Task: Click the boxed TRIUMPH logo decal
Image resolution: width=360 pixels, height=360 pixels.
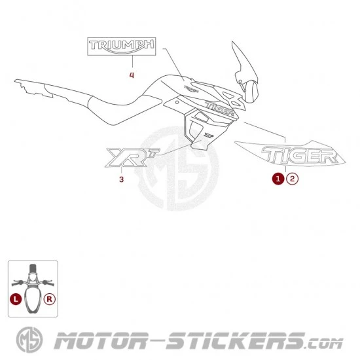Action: pos(122,46)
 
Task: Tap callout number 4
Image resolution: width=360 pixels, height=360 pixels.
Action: pos(132,75)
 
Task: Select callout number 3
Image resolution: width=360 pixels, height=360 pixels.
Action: pos(122,179)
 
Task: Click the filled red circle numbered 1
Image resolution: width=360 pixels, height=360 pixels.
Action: pos(278,179)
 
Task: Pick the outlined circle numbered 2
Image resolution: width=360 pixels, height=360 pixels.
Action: pos(292,179)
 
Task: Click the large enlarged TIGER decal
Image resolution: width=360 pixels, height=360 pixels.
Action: pos(299,155)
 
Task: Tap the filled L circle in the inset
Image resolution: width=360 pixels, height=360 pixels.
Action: pos(16,299)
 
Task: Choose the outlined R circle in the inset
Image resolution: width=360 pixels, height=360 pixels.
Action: pos(50,299)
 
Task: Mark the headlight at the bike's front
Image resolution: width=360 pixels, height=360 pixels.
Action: pos(252,92)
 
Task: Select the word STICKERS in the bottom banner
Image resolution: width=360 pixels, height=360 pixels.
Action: pos(236,341)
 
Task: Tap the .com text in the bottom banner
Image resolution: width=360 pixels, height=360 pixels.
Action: pos(324,344)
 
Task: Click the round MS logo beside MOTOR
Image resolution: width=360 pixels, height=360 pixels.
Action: pos(29,340)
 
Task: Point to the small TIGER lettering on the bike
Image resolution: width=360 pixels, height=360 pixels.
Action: pos(220,108)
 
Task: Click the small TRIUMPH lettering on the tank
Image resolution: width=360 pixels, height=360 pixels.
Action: pos(192,89)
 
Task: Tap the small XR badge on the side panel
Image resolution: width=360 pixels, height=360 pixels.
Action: pos(209,135)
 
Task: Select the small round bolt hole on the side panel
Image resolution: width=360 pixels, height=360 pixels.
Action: pos(177,102)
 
